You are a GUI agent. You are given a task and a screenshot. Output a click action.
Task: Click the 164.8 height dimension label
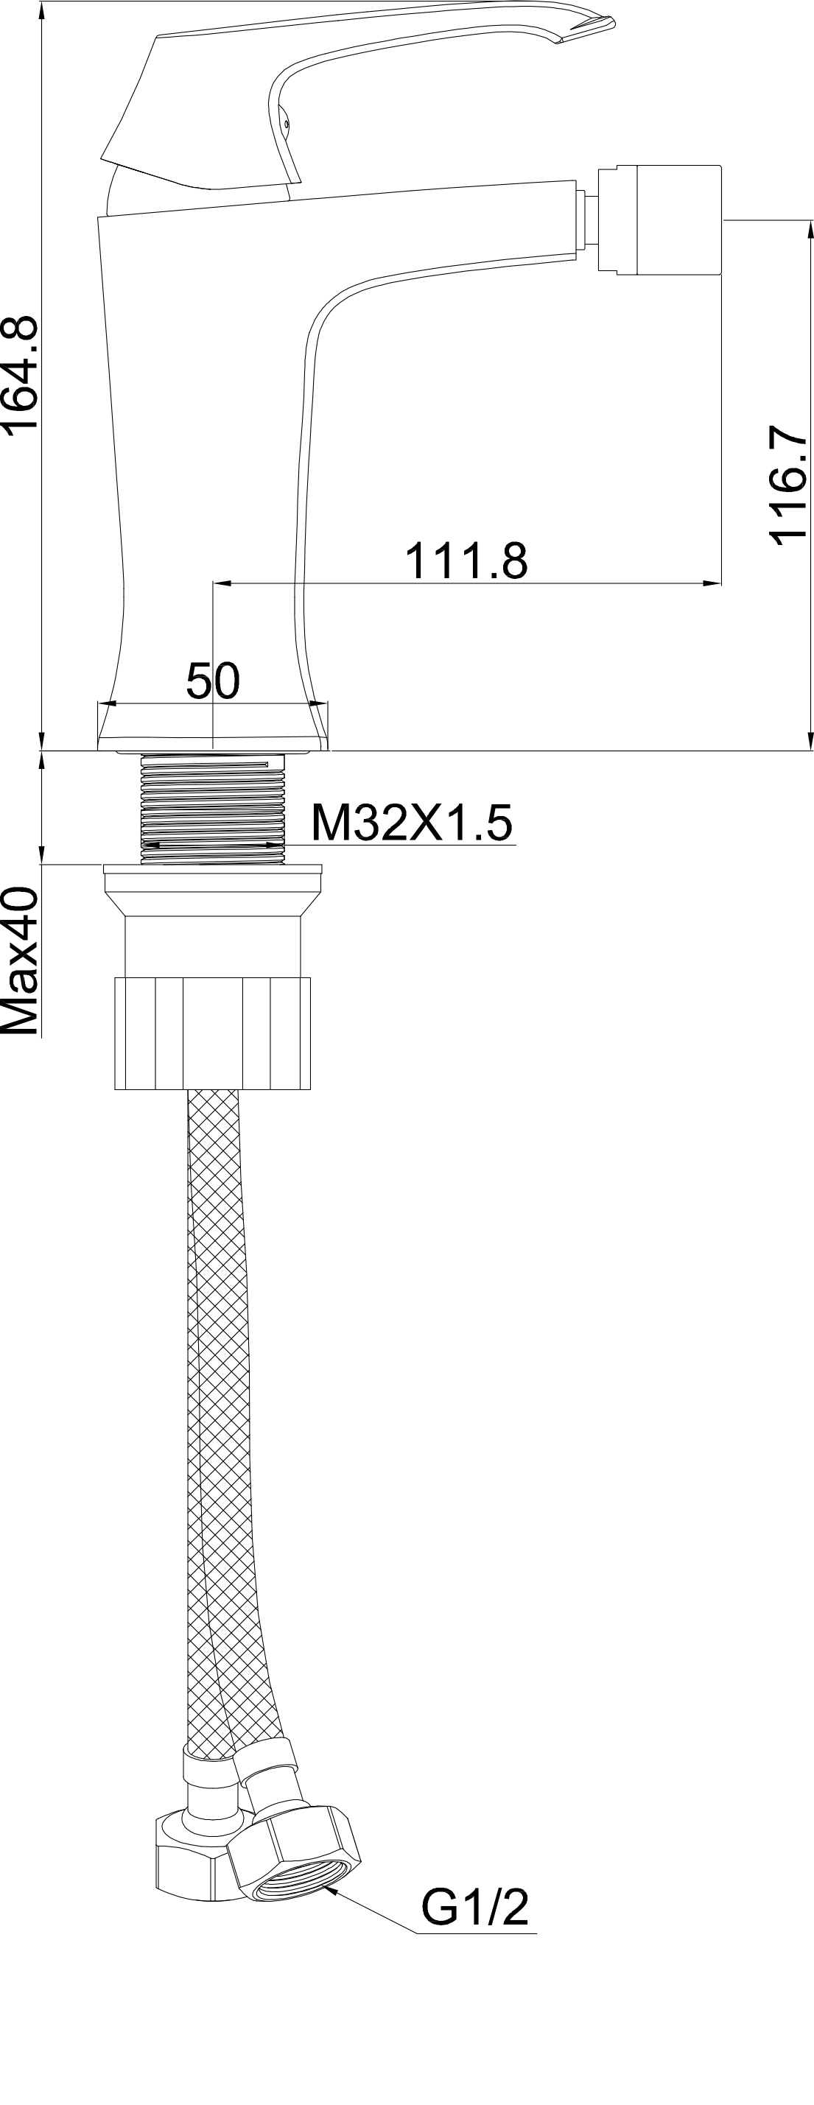20,373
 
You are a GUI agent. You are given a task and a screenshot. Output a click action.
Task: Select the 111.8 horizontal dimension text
466,560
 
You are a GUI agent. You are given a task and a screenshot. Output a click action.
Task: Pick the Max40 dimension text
20,962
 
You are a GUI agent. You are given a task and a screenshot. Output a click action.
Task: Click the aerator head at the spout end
659,222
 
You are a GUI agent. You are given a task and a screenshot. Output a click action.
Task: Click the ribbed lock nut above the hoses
212,1032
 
